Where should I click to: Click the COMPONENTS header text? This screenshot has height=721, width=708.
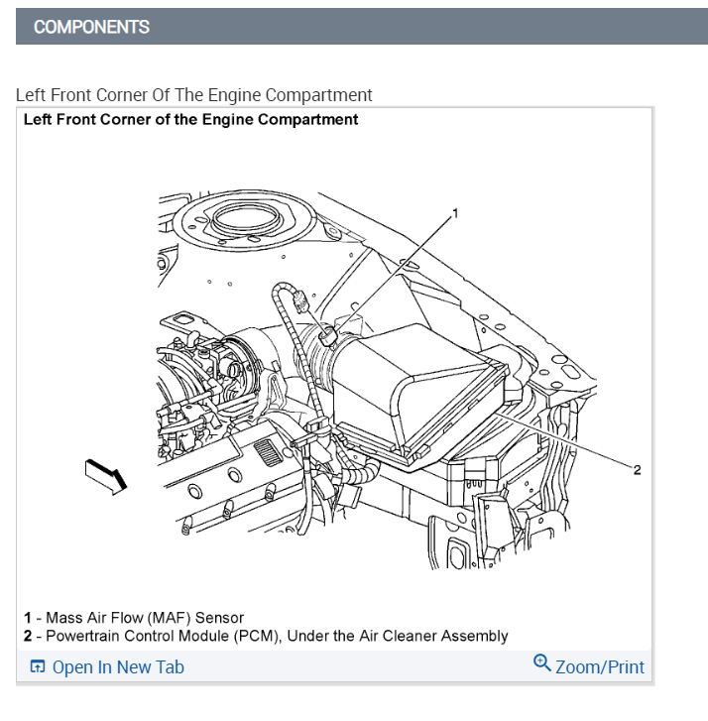(91, 27)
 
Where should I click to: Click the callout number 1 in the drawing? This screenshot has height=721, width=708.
(455, 213)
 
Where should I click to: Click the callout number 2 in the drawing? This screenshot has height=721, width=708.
(637, 469)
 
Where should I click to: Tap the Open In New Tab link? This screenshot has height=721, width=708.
(118, 667)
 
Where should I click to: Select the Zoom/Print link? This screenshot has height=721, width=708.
(600, 667)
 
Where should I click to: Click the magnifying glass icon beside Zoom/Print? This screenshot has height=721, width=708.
(541, 663)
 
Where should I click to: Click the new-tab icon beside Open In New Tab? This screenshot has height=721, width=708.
(38, 667)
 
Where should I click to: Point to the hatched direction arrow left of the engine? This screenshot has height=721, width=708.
(107, 476)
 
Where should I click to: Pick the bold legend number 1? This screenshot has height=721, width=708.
(28, 618)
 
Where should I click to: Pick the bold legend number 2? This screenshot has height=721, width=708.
(28, 636)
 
